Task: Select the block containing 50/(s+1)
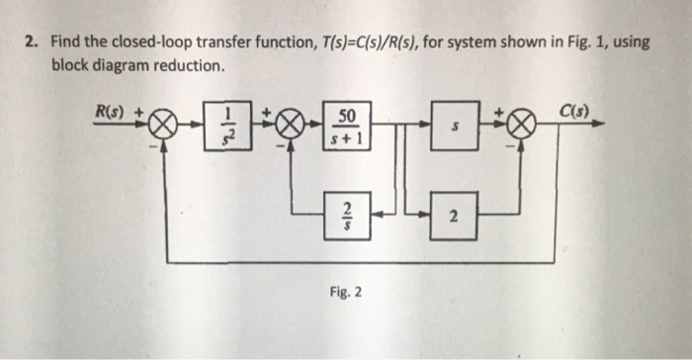pyautogui.click(x=347, y=127)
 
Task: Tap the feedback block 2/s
pyautogui.click(x=347, y=215)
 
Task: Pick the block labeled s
pyautogui.click(x=455, y=127)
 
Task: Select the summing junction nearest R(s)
pyautogui.click(x=166, y=128)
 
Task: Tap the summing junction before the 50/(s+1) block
pyautogui.click(x=290, y=128)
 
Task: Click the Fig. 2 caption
pyautogui.click(x=345, y=292)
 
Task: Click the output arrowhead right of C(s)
pyautogui.click(x=600, y=127)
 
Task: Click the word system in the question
pyautogui.click(x=476, y=45)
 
